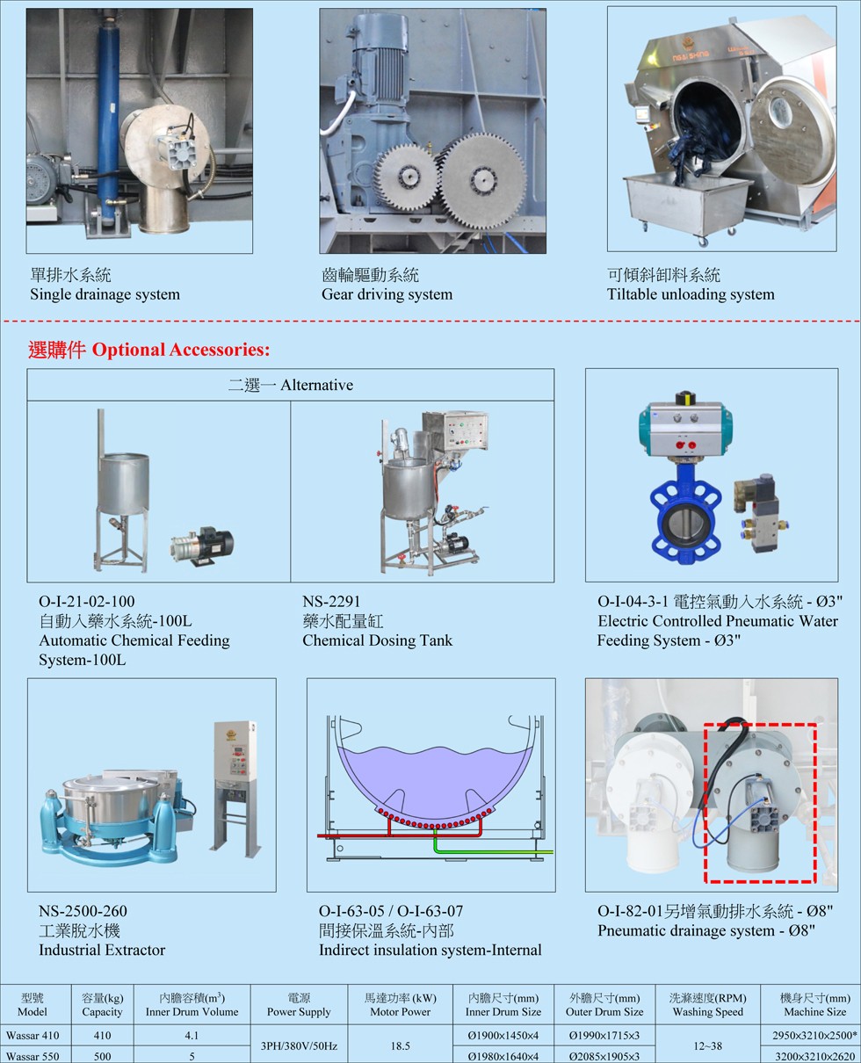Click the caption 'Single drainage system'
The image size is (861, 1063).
tap(105, 294)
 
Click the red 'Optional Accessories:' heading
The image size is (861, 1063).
tap(181, 350)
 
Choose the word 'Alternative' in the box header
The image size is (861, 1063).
tap(316, 386)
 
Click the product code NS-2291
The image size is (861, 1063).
tap(331, 602)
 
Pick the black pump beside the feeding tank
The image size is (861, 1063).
tap(202, 546)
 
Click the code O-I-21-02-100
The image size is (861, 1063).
tap(87, 602)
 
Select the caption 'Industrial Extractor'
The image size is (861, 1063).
tap(102, 950)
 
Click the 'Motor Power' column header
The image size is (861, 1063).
tap(401, 1012)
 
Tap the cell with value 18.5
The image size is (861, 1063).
tap(401, 1046)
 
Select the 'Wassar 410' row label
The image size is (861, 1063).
tap(33, 1036)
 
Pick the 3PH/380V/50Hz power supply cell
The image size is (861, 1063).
tap(299, 1046)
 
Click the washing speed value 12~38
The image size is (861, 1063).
tap(708, 1046)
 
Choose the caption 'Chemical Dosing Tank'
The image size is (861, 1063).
tap(377, 640)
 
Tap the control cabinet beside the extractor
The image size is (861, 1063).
tap(236, 789)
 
